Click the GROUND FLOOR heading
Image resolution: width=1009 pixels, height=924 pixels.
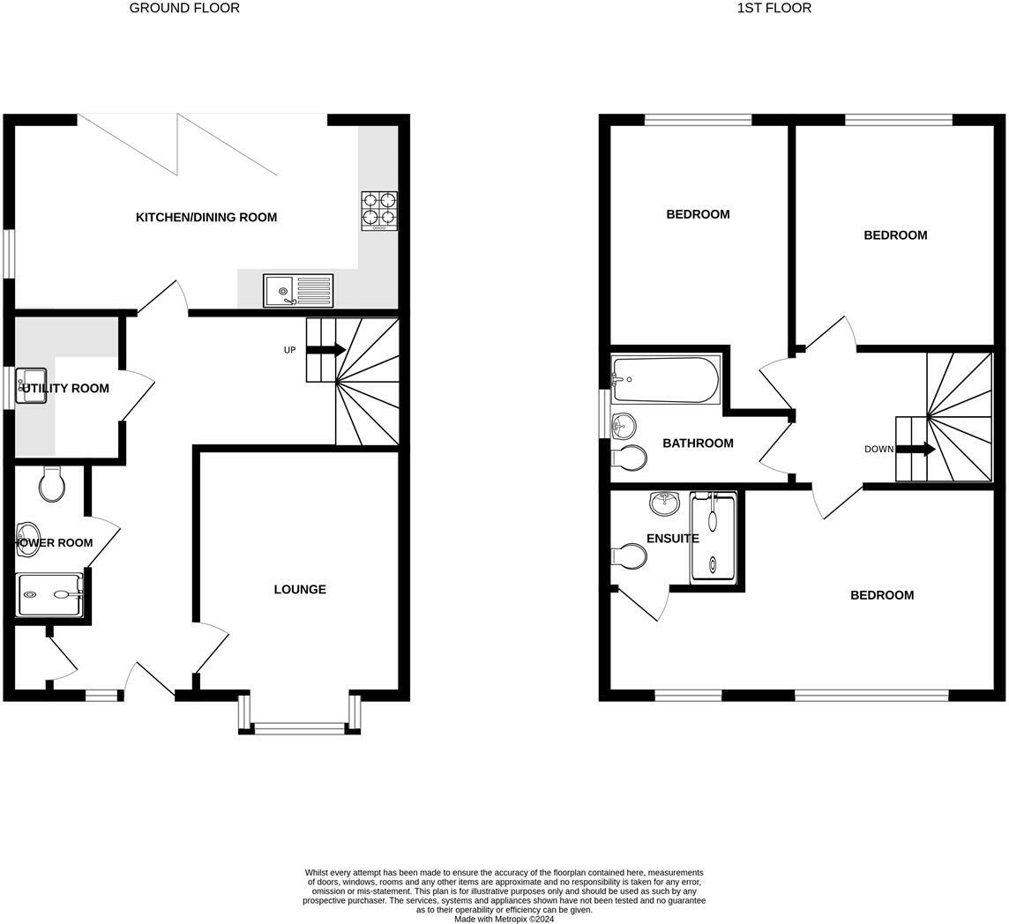(x=184, y=8)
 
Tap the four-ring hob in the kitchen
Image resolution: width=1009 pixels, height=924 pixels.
(x=378, y=210)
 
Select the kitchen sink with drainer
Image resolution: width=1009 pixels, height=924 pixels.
(x=298, y=290)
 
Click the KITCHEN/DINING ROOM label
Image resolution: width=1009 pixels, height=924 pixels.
(x=206, y=218)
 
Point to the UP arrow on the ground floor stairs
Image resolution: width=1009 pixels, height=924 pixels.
(x=325, y=350)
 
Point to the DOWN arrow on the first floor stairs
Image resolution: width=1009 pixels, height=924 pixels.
(x=916, y=450)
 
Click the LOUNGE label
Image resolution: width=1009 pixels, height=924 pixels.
(x=300, y=589)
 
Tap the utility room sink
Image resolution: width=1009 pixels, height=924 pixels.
(x=33, y=386)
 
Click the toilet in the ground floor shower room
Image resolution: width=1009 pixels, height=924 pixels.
(x=52, y=484)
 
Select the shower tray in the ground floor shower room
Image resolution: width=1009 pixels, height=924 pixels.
(x=50, y=595)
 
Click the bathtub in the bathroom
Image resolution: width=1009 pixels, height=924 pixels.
(x=666, y=379)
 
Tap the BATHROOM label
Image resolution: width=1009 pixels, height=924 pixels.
(x=698, y=443)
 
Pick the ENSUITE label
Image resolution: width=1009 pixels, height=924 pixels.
(x=672, y=539)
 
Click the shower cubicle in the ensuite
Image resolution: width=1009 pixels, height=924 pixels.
(x=713, y=536)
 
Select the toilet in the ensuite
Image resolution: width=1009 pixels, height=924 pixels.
(x=629, y=556)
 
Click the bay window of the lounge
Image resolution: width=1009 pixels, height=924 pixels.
(x=299, y=727)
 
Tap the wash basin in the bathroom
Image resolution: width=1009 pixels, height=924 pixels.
(x=624, y=427)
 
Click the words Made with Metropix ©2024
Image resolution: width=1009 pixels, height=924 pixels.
(x=504, y=919)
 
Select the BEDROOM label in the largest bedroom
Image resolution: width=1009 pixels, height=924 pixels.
(x=881, y=595)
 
